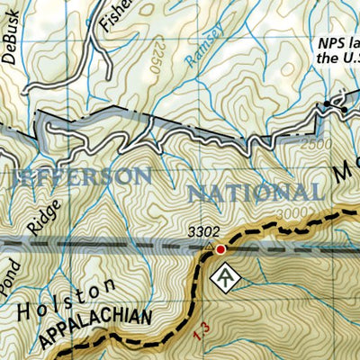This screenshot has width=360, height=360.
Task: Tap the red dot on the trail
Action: pyautogui.click(x=220, y=248)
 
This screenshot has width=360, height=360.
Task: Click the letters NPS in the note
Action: pyautogui.click(x=329, y=42)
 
